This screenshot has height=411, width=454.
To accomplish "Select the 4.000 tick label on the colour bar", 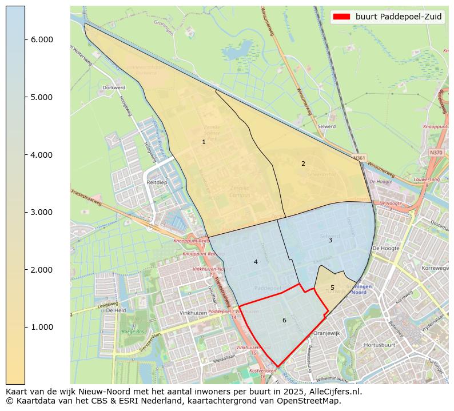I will click(42, 155).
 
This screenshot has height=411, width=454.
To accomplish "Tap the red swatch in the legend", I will click(342, 17).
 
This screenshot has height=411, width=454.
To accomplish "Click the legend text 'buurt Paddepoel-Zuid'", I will click(398, 17).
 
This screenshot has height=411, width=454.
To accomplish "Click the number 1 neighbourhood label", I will click(204, 142).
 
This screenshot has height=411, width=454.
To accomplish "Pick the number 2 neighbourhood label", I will click(303, 163).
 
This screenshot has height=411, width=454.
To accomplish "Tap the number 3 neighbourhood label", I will click(330, 240).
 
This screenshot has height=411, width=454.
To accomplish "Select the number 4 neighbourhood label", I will click(256, 262).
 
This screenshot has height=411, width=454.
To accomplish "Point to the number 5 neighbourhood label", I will click(332, 288).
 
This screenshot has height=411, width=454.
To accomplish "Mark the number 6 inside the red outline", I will click(284, 320).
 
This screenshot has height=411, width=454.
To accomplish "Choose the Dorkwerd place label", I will click(113, 88).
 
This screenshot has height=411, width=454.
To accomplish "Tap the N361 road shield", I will click(359, 158).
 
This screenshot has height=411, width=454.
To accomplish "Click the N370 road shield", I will click(436, 153).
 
